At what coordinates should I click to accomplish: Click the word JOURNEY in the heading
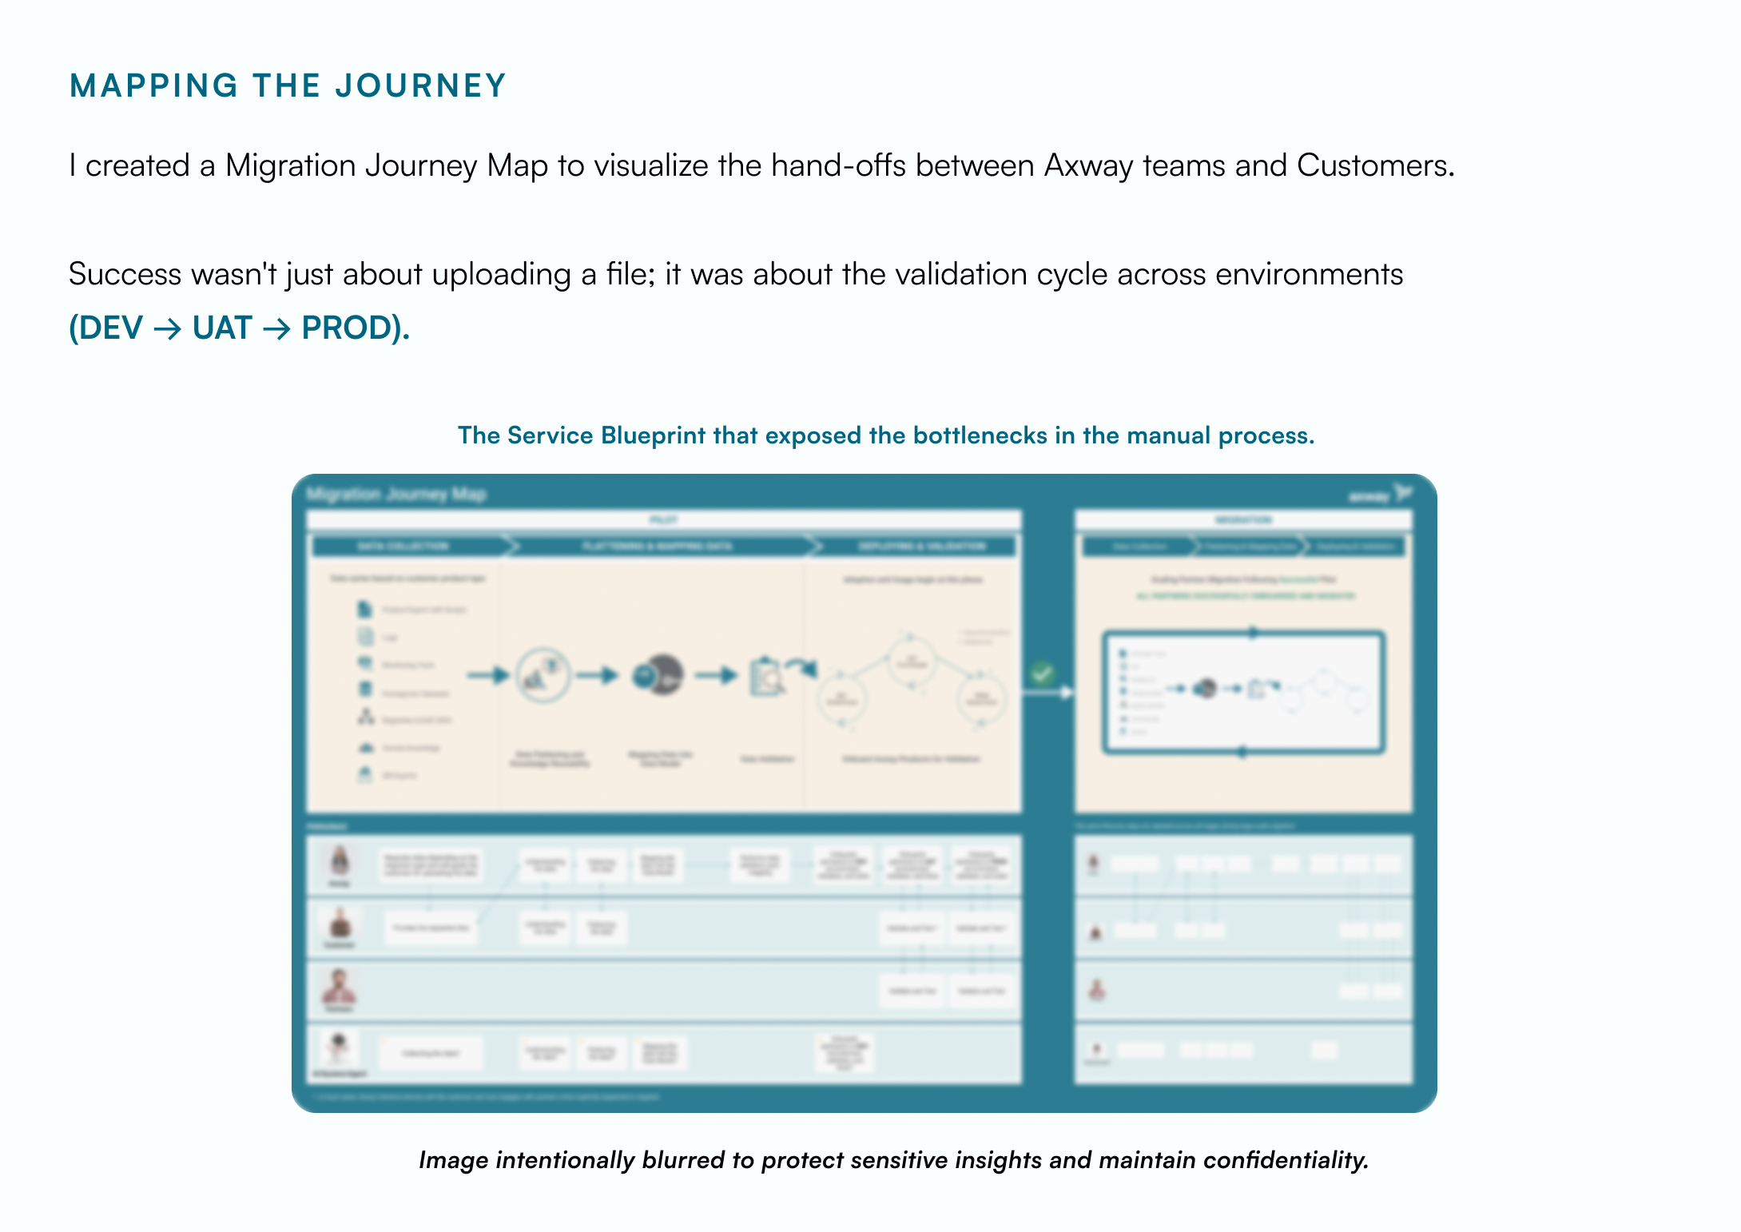[420, 86]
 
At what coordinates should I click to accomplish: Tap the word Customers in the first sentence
[1374, 165]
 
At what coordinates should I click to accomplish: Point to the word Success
[125, 274]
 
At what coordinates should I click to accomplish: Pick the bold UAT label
[222, 328]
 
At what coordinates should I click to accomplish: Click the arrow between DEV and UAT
[167, 328]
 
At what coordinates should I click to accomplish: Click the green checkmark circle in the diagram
[1041, 674]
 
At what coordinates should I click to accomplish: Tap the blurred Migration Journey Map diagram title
[396, 495]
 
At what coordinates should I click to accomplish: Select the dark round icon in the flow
[658, 676]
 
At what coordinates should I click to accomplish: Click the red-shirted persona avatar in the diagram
[340, 988]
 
